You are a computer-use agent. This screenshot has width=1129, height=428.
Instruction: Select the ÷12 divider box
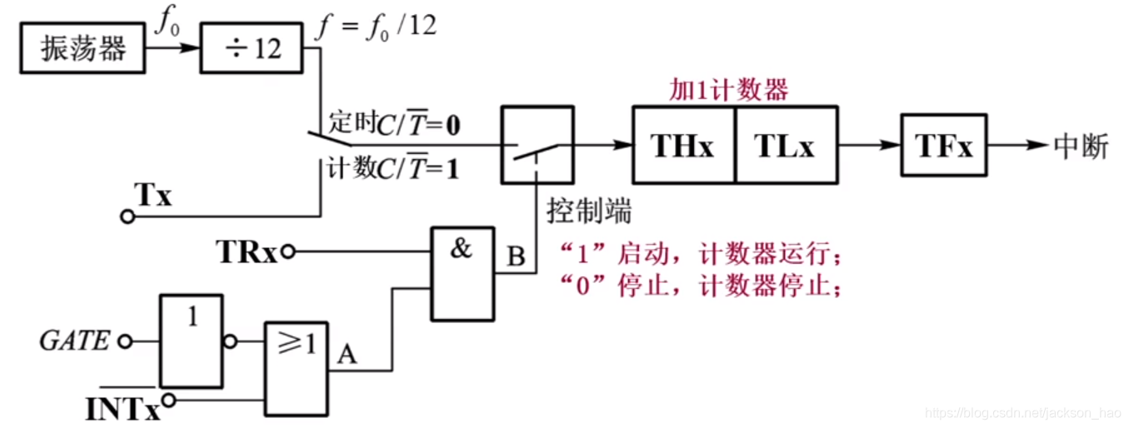[252, 49]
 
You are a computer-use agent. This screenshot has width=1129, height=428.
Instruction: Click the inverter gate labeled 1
[192, 339]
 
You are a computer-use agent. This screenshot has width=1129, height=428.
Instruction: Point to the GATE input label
[74, 341]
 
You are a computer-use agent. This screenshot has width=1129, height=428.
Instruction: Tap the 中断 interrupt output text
[1081, 147]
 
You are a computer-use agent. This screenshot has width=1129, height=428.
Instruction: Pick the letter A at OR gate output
[347, 356]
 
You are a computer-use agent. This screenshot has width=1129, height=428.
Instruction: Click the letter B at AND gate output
[517, 258]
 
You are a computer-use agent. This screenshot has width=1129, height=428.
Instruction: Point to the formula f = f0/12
[377, 27]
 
